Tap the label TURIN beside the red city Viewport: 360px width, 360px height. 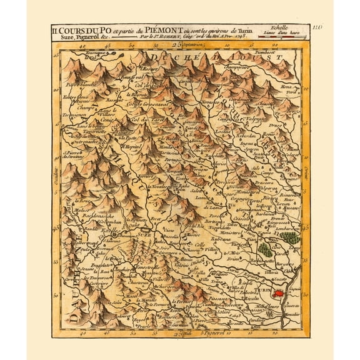tap(263, 291)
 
